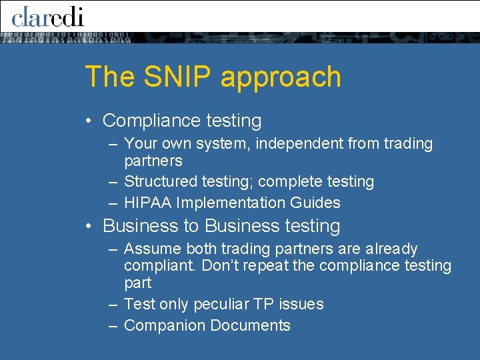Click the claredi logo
[47, 16]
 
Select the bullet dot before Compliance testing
[88, 121]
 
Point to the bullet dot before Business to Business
[88, 226]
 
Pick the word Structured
[156, 181]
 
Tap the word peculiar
[221, 304]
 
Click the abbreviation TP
[263, 304]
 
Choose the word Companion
[165, 325]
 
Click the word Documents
[250, 325]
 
